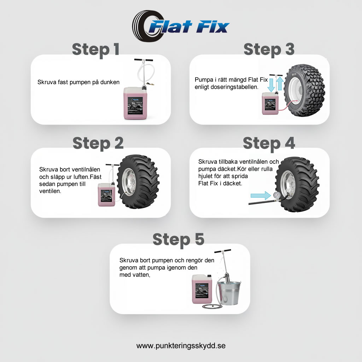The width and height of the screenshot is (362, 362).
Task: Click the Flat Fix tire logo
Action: [x=181, y=26]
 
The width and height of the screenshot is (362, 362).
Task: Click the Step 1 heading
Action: [x=95, y=49]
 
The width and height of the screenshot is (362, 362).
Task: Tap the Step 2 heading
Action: [x=98, y=144]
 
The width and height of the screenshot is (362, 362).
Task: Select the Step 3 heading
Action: [x=269, y=49]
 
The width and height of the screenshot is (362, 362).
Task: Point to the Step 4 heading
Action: [x=269, y=144]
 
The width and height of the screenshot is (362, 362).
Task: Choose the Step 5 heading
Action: [x=179, y=239]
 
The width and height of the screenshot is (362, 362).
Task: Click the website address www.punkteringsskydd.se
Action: [x=181, y=346]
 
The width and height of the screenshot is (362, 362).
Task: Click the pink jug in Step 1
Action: [x=135, y=103]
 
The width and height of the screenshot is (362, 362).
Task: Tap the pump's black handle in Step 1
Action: [x=144, y=60]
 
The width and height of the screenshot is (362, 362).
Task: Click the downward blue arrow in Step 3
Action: [x=271, y=85]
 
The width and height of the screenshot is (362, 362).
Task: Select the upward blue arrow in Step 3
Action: [x=280, y=83]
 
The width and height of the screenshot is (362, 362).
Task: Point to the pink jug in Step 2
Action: [x=106, y=195]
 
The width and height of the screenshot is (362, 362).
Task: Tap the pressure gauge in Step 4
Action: [x=277, y=195]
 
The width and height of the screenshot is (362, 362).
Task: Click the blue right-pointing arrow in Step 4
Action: [x=261, y=195]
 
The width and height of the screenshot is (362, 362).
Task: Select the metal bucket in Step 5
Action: [x=229, y=293]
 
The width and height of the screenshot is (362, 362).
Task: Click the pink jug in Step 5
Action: [x=202, y=289]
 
